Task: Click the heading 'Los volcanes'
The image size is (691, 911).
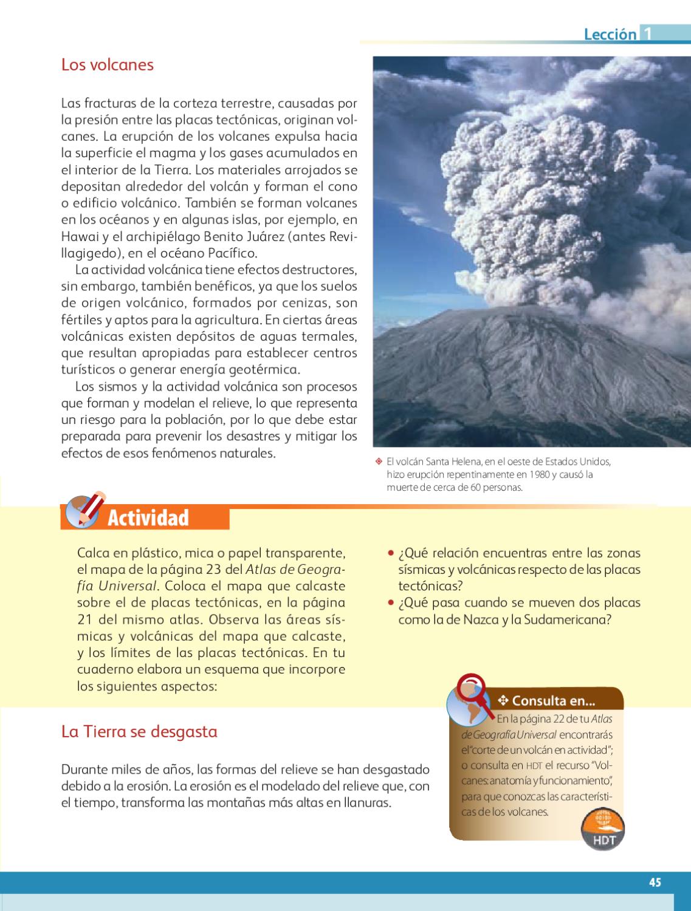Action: [x=108, y=64]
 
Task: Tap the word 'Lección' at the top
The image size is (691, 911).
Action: [x=610, y=34]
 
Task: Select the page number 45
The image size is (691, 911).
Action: [x=655, y=882]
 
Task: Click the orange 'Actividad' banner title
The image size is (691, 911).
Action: [x=148, y=518]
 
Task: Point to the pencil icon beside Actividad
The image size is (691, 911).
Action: [x=84, y=509]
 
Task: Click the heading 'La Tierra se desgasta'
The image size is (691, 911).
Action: [x=139, y=731]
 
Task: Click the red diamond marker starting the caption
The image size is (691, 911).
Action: [x=378, y=461]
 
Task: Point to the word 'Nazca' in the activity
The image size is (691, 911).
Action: [x=481, y=620]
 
